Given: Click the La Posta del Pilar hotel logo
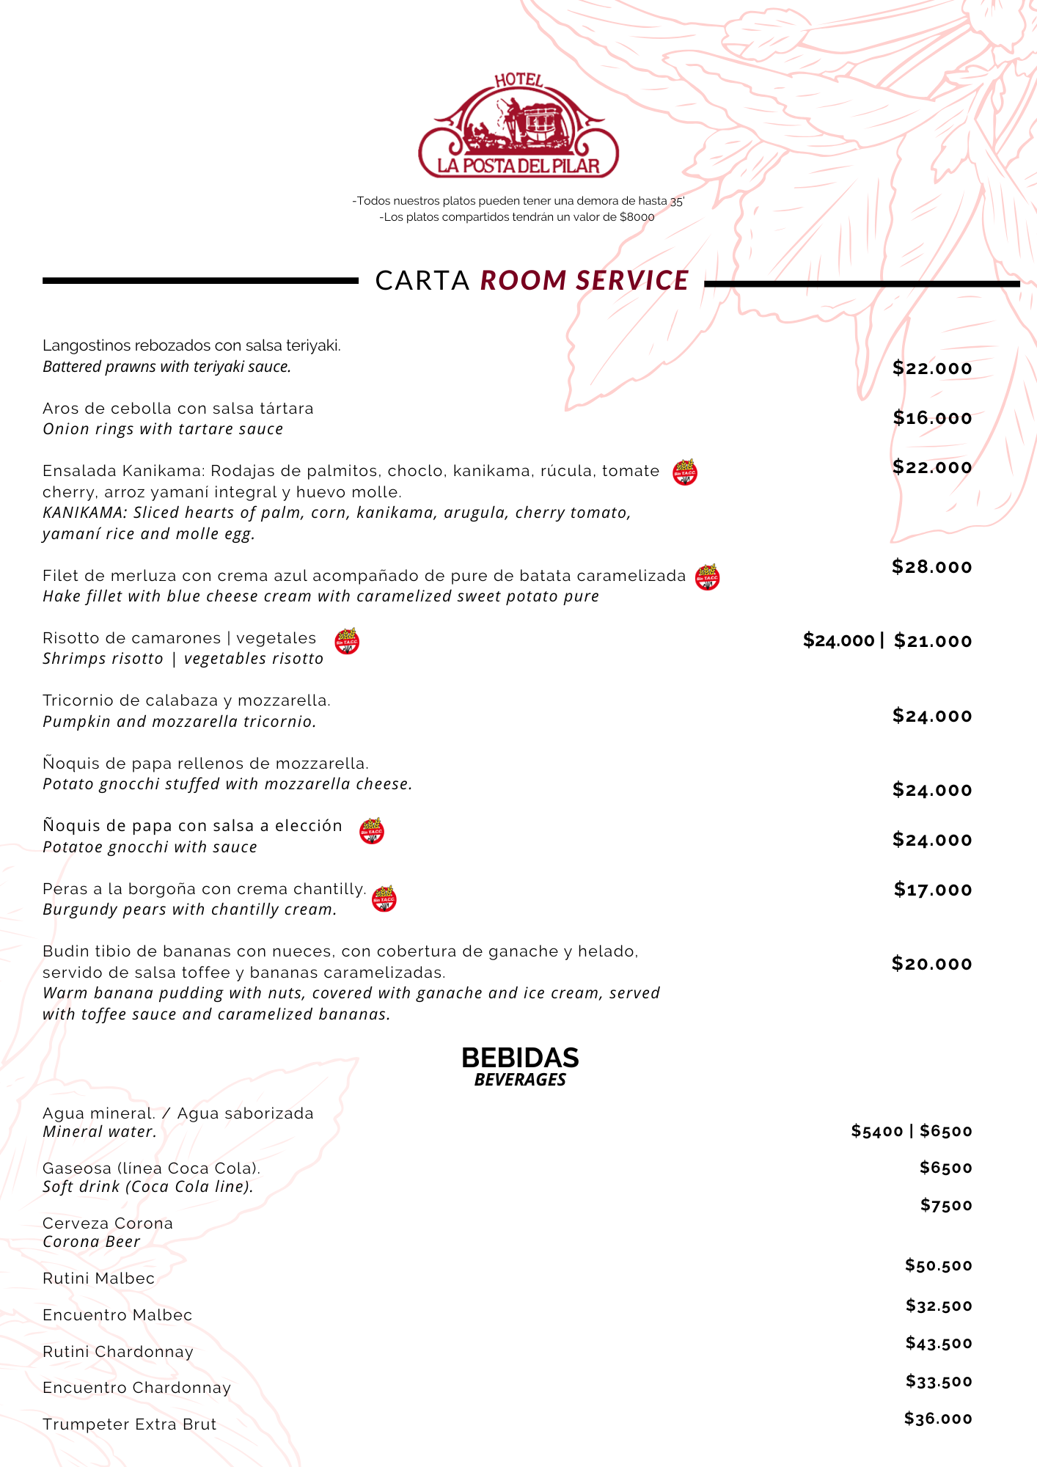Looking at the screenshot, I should point(518,126).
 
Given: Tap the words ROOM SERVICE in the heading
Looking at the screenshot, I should point(585,281).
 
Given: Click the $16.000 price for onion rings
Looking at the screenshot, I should point(932,418).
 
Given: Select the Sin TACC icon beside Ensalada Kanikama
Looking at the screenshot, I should point(685,472).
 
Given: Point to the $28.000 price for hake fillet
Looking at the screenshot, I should point(931,567).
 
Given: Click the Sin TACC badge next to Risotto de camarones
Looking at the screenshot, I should point(347,641).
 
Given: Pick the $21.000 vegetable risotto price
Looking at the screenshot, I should point(933,641).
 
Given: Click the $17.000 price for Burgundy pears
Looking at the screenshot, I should point(933,890).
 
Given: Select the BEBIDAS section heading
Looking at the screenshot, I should point(520,1058).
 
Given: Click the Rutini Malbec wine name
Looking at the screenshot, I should point(99,1278).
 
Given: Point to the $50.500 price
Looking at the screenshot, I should point(938,1265).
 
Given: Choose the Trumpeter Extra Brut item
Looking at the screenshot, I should point(130,1424).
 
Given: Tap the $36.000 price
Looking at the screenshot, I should point(938,1419).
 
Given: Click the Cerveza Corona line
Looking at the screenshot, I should point(108,1223).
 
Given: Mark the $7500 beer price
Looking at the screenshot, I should point(946,1205).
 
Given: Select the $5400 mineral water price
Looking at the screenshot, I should point(877,1131).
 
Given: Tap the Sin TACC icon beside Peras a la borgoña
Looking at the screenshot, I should point(384,899).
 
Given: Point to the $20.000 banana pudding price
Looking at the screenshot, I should point(931,964).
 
